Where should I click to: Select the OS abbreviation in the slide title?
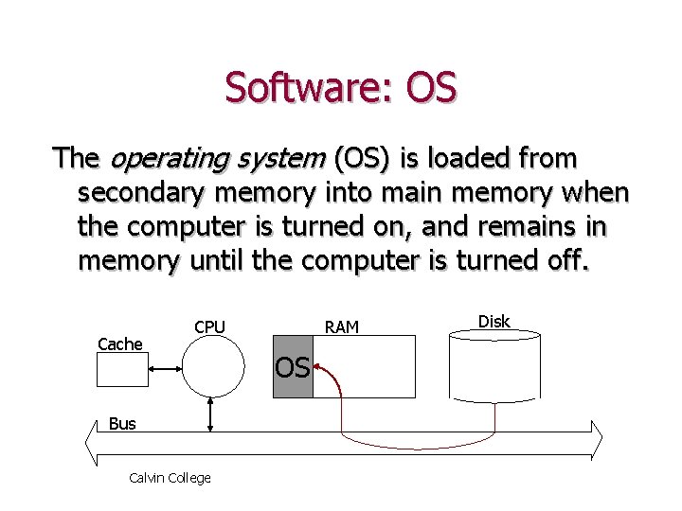(431, 86)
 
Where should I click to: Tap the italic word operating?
(170, 159)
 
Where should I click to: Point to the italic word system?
(281, 160)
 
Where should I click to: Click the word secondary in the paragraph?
(141, 193)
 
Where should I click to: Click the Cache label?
(120, 344)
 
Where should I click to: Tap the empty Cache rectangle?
(122, 369)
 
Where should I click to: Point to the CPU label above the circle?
(209, 326)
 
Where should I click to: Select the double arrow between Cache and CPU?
(165, 369)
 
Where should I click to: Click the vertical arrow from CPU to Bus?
(210, 414)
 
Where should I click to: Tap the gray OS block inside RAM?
(293, 366)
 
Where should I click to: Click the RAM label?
(341, 327)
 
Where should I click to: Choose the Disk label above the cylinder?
(494, 322)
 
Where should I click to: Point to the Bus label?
(122, 424)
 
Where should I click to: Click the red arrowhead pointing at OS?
(317, 367)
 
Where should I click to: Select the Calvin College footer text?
(170, 478)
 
